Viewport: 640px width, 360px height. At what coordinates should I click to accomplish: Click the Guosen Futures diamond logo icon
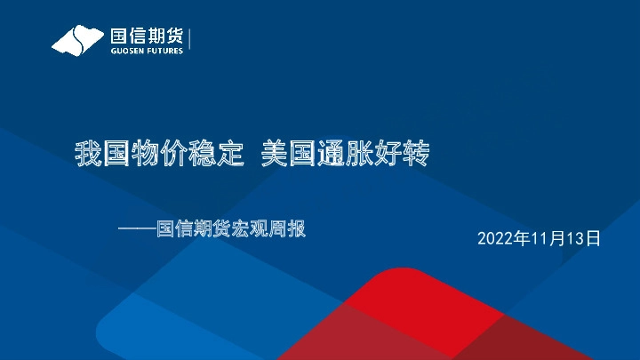coord(77,40)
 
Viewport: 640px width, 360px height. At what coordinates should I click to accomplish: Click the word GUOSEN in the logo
coord(125,51)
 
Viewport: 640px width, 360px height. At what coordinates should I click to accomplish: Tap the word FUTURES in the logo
coord(164,51)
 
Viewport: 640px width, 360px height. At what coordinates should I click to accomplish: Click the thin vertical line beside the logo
coord(190,40)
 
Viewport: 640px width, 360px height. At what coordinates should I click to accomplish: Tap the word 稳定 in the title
coord(216,156)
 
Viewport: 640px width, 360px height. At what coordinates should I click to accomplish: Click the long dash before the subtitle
coord(137,229)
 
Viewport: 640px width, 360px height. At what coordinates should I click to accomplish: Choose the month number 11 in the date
coord(540,238)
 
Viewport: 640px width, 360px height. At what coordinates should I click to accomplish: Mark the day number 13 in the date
coord(577,238)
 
